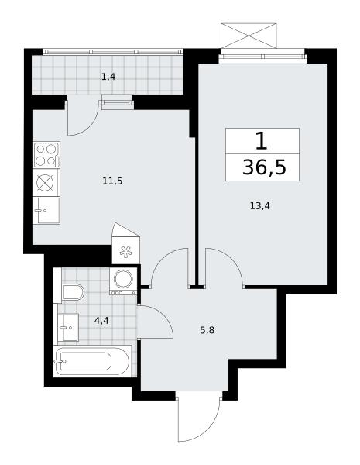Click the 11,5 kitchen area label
tap(112, 181)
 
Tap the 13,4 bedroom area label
tap(260, 206)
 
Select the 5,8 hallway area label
tap(207, 330)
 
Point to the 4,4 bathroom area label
tap(101, 321)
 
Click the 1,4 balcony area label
tap(108, 77)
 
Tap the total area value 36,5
tap(264, 167)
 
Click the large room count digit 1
tap(262, 142)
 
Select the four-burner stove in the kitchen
tap(46, 154)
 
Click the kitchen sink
tap(46, 211)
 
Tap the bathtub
tap(93, 361)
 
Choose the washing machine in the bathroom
tap(123, 281)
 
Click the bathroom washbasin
tap(68, 327)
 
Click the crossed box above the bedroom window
tap(249, 36)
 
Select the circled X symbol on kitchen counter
tap(46, 182)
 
